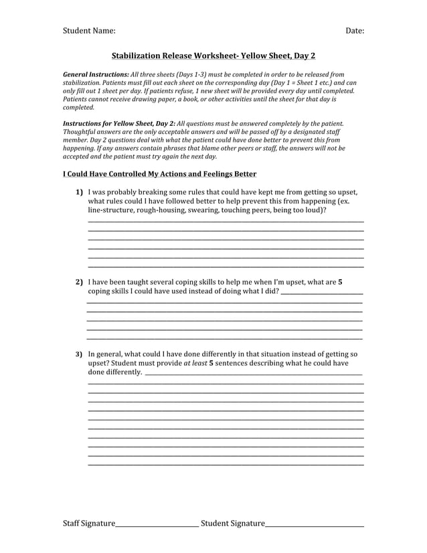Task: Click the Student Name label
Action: [89, 31]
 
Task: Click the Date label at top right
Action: [355, 31]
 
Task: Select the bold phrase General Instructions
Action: [96, 74]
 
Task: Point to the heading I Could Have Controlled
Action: [159, 174]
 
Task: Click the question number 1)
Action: [79, 192]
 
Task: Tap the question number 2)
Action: [79, 283]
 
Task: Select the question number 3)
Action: [79, 354]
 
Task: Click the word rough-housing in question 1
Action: [160, 210]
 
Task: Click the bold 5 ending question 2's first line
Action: [340, 283]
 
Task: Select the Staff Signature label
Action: [88, 523]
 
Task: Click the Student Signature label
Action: [232, 523]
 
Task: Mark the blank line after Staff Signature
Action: [157, 526]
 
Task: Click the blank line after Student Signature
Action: [314, 526]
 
